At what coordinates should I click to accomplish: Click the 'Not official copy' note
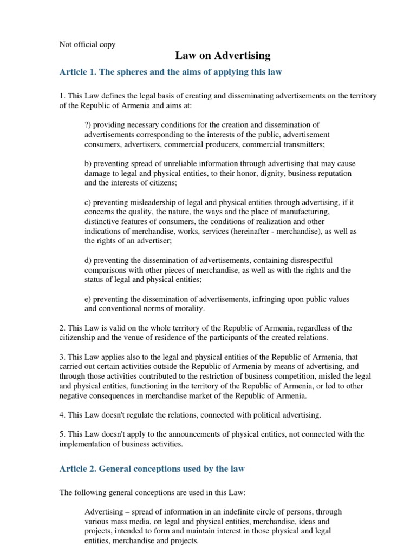pyautogui.click(x=87, y=44)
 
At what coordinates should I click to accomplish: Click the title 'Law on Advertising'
pyautogui.click(x=222, y=56)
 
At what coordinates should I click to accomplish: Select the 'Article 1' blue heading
pyautogui.click(x=170, y=72)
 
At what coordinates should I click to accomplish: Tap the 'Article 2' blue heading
pyautogui.click(x=151, y=469)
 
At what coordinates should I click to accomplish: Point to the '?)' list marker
pyautogui.click(x=89, y=125)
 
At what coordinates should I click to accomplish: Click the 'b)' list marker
pyautogui.click(x=89, y=163)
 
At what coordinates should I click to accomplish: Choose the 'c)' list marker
pyautogui.click(x=88, y=202)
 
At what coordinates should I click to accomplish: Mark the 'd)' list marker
pyautogui.click(x=89, y=260)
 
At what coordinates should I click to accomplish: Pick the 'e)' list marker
pyautogui.click(x=88, y=298)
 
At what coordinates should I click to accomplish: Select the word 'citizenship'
pyautogui.click(x=77, y=337)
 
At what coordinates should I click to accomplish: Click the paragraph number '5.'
pyautogui.click(x=62, y=434)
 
